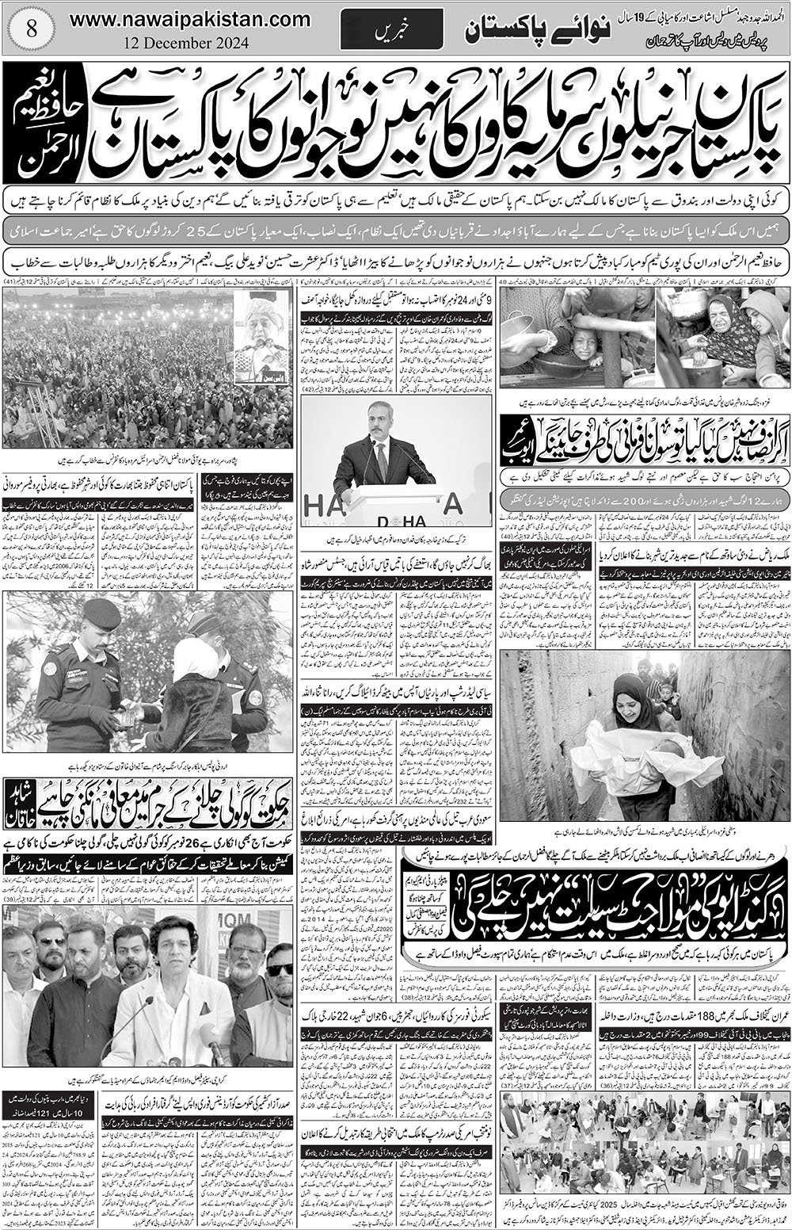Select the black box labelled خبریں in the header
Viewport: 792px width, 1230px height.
(x=386, y=31)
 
